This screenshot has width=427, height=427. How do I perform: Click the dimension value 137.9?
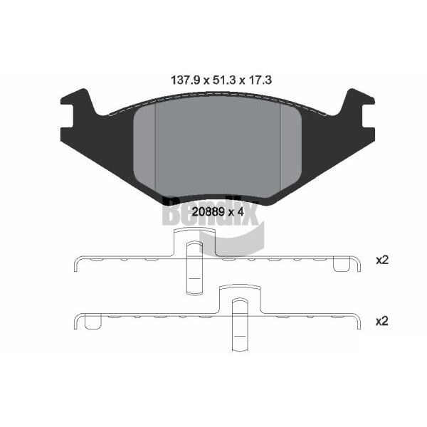click(x=185, y=80)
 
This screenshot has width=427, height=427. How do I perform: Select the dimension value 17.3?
click(x=260, y=80)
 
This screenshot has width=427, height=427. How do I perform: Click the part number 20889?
click(x=208, y=211)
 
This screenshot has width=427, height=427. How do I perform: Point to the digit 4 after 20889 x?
click(x=241, y=211)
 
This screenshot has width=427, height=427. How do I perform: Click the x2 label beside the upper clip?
click(x=381, y=260)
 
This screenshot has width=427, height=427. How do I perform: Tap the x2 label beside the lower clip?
click(x=381, y=322)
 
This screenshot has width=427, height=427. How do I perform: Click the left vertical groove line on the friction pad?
click(x=155, y=147)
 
